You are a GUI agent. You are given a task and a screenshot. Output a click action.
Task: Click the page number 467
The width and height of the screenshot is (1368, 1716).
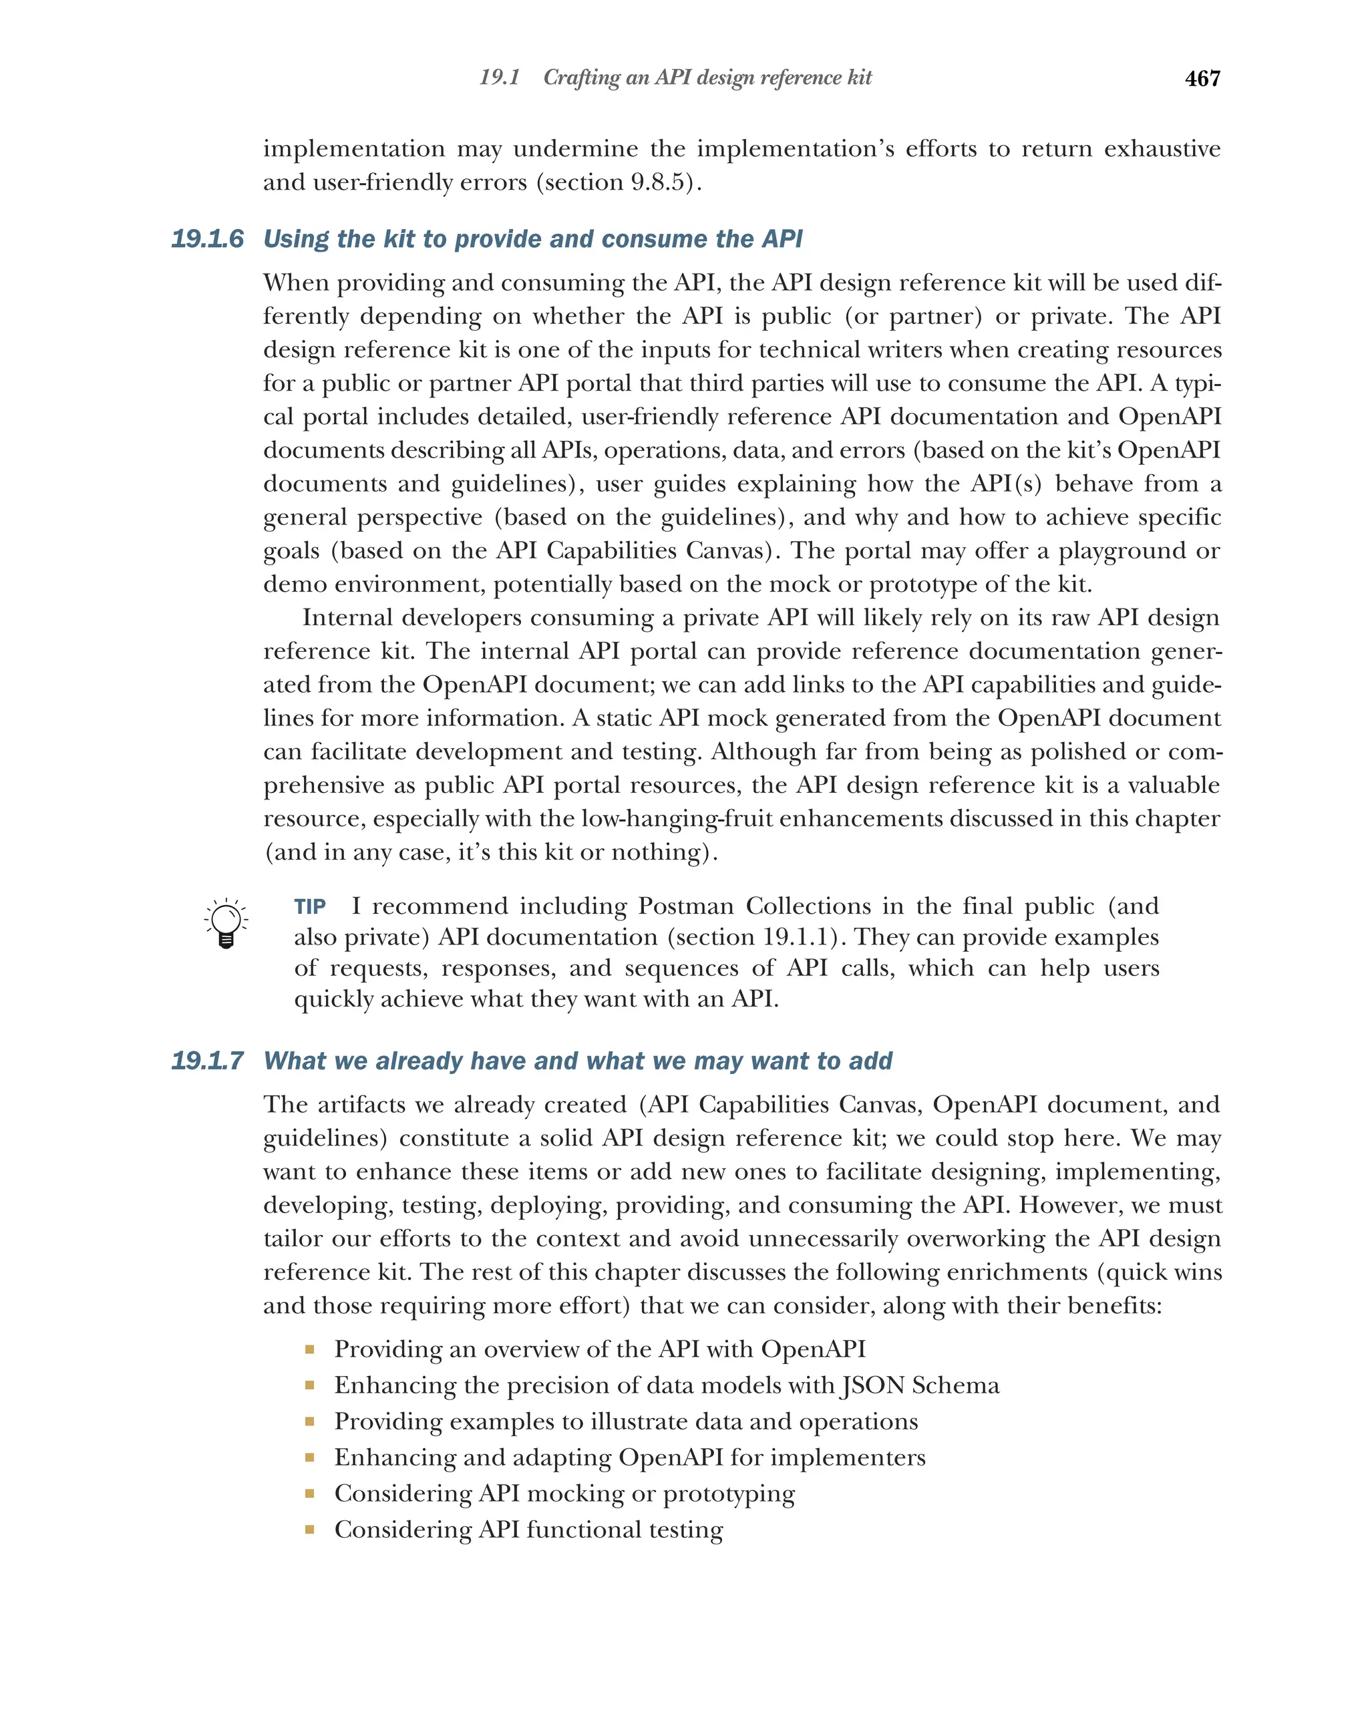coord(1202,78)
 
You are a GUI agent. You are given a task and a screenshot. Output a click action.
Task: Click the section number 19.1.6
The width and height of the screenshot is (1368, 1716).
coord(207,238)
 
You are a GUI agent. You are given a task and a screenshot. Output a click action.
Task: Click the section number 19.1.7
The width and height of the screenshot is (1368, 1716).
coord(207,1061)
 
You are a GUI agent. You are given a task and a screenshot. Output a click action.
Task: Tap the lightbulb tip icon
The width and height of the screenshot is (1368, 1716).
coord(226,923)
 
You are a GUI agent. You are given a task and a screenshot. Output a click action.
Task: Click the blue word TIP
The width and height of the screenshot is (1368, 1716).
coord(309,906)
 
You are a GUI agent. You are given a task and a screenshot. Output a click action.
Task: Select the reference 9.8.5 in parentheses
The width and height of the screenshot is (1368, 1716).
coord(658,182)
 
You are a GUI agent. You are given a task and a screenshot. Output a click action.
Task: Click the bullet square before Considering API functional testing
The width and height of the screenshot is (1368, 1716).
coord(309,1529)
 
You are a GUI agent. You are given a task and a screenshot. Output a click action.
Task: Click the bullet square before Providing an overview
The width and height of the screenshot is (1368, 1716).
coord(309,1349)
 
